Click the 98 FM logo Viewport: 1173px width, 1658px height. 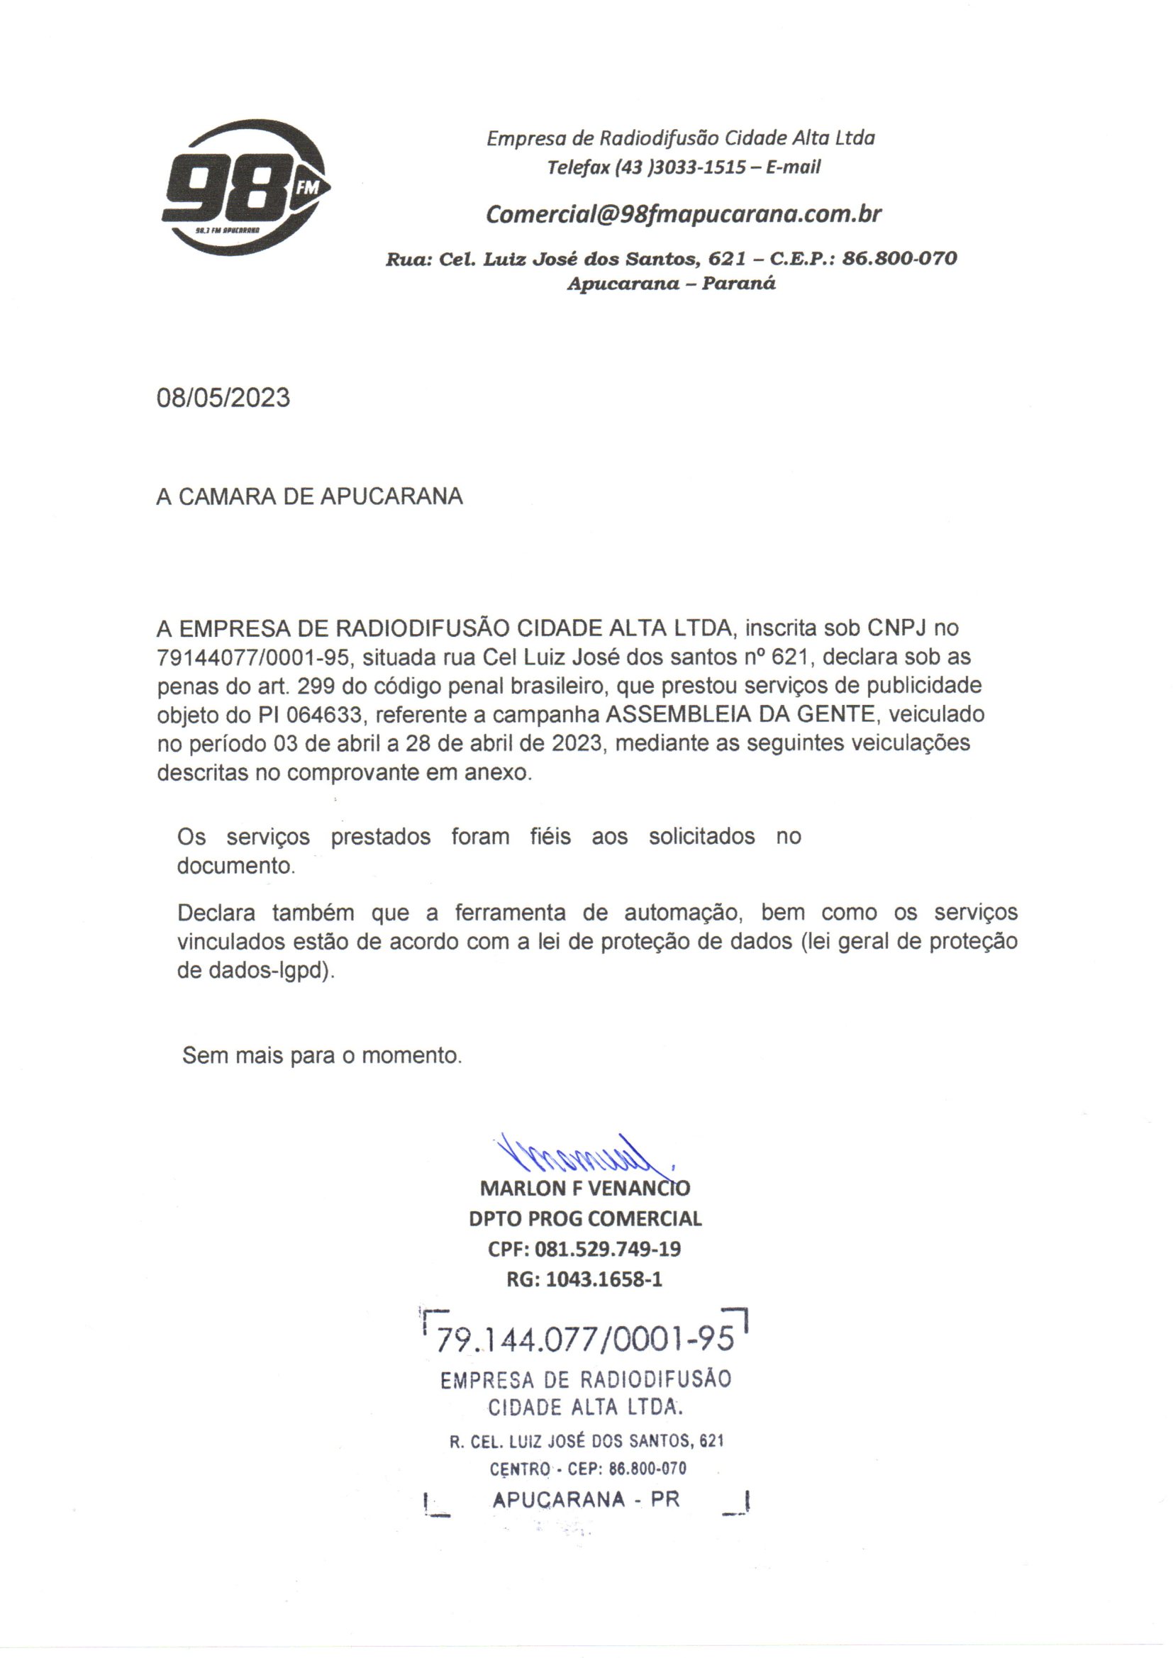click(x=244, y=189)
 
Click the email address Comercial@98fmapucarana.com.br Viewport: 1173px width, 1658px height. click(x=683, y=214)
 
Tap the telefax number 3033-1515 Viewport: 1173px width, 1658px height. click(x=700, y=167)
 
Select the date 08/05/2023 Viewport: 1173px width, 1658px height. click(x=223, y=398)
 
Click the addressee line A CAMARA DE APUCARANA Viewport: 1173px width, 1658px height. click(x=309, y=497)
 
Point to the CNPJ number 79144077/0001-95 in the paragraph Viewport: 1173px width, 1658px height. click(x=252, y=658)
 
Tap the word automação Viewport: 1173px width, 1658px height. click(x=683, y=913)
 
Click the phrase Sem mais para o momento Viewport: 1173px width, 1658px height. click(x=321, y=1056)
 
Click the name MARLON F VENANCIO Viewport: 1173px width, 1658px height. click(x=584, y=1188)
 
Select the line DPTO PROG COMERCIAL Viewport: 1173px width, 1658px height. click(x=585, y=1218)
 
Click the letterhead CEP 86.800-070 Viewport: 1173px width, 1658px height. click(x=899, y=259)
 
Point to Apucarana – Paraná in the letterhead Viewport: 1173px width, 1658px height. click(x=671, y=283)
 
